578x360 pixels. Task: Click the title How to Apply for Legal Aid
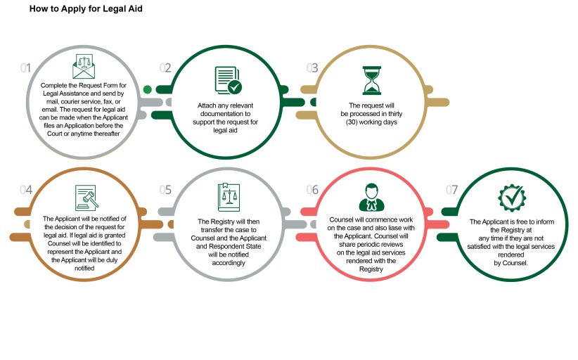(x=86, y=9)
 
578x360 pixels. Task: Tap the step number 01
(x=25, y=67)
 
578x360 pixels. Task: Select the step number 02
(x=165, y=67)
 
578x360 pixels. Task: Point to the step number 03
(x=312, y=67)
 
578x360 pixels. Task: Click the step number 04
(x=26, y=190)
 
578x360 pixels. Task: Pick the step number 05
(x=165, y=190)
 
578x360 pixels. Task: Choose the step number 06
(x=312, y=190)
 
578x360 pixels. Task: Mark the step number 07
(x=451, y=190)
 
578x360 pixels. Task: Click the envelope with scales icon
(x=84, y=66)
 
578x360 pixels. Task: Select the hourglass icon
(x=371, y=80)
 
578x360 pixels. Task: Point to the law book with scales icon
(x=229, y=198)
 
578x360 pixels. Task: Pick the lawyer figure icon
(x=371, y=198)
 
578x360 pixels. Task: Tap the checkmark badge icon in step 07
(x=512, y=198)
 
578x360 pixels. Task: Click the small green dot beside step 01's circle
(x=147, y=89)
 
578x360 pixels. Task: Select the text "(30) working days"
(x=371, y=122)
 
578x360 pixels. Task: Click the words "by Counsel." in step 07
(x=511, y=263)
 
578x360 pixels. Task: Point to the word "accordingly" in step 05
(x=229, y=263)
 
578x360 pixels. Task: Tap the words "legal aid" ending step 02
(x=225, y=131)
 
